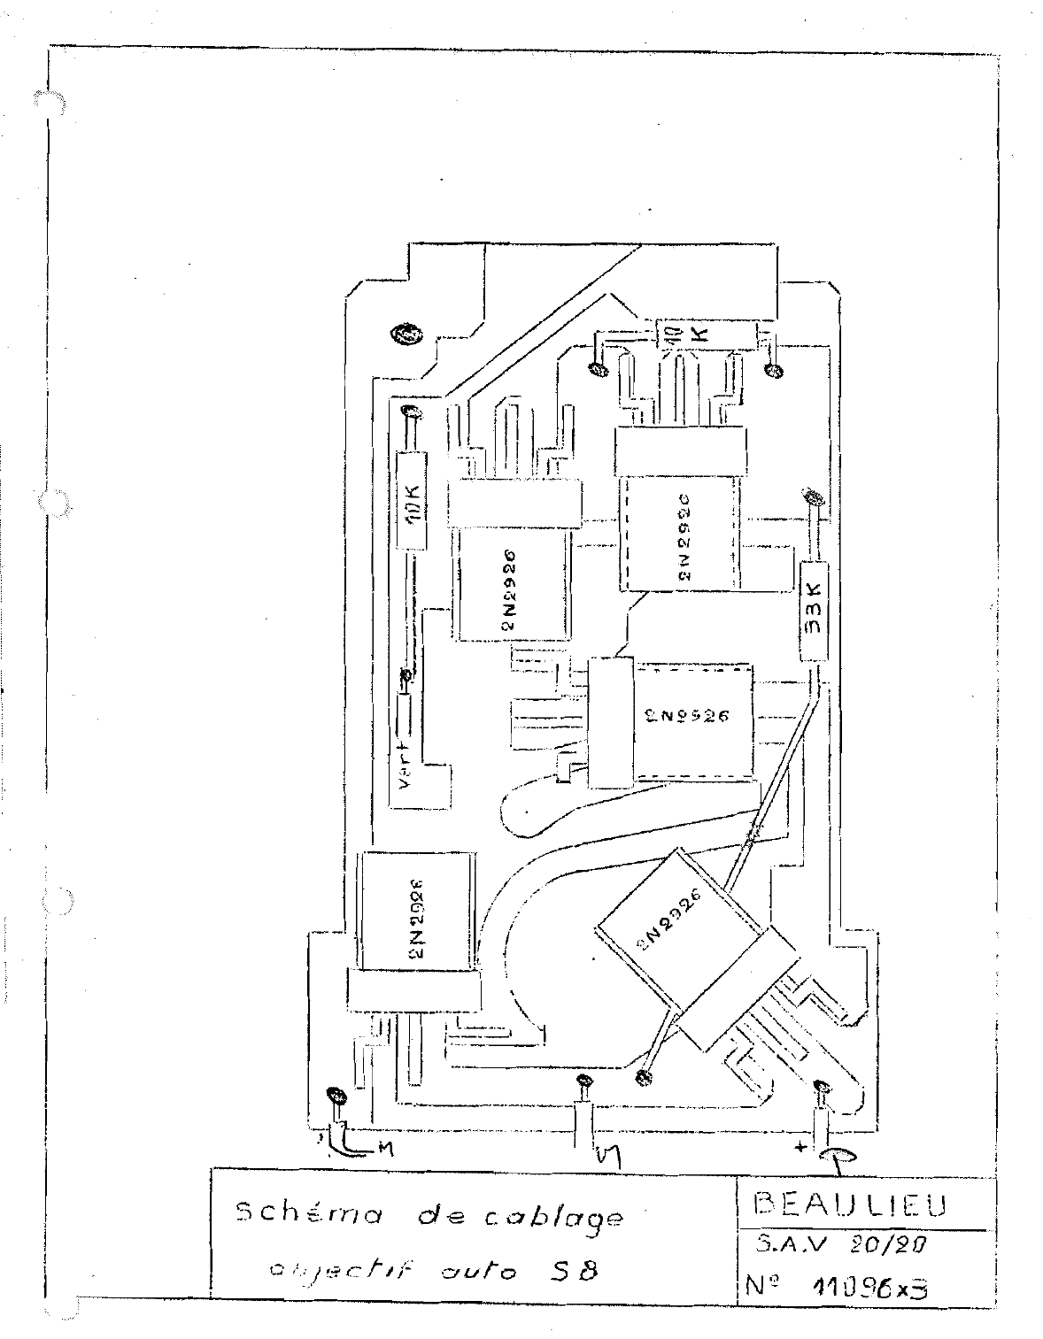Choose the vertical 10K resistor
[x=412, y=502]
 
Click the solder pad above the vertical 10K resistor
[x=409, y=412]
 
